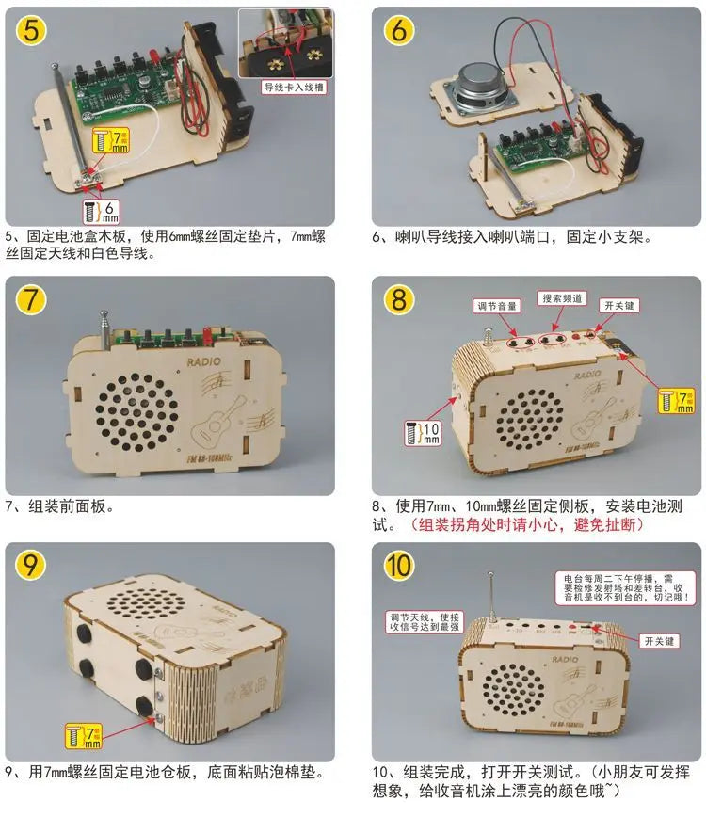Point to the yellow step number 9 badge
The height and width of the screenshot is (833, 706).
[32, 567]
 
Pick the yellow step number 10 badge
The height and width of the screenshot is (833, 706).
[399, 567]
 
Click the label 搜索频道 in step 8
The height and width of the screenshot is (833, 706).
[564, 298]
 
